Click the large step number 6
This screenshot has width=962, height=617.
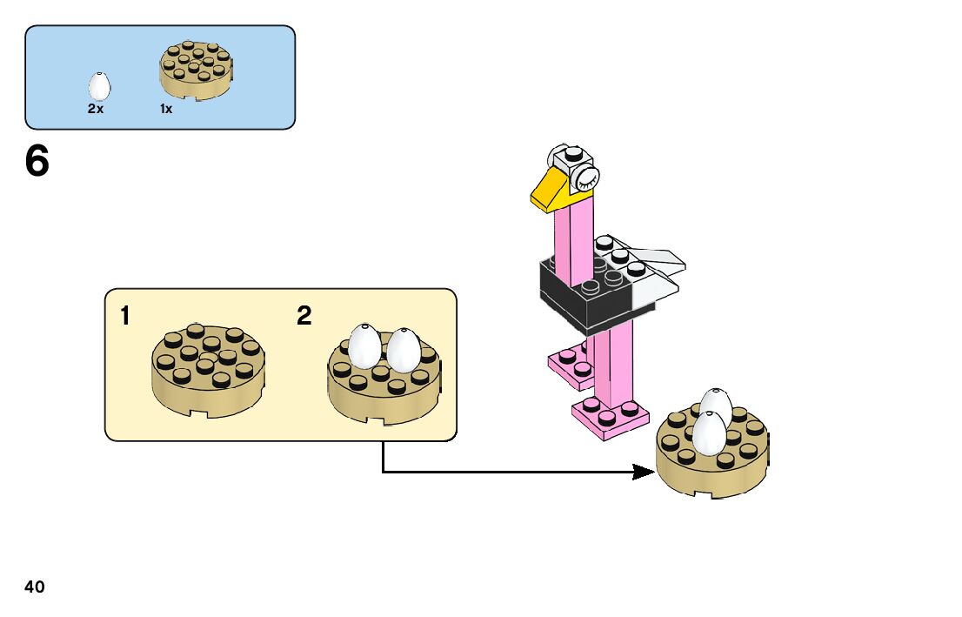(x=37, y=162)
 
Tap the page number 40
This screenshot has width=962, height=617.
(x=35, y=587)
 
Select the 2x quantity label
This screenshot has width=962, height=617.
(x=96, y=110)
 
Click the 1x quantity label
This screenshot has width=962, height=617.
(x=166, y=110)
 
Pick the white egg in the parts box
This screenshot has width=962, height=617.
(x=99, y=86)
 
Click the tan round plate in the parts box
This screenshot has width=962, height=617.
(x=197, y=70)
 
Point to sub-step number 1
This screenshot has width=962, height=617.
(x=126, y=316)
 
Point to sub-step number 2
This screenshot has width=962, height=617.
(x=304, y=316)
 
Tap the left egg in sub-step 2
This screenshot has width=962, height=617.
(x=364, y=345)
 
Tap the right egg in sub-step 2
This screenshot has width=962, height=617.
(x=402, y=349)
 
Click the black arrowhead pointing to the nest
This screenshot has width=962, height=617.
(x=643, y=472)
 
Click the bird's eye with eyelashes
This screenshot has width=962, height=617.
(x=584, y=179)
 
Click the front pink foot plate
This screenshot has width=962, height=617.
(x=609, y=415)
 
